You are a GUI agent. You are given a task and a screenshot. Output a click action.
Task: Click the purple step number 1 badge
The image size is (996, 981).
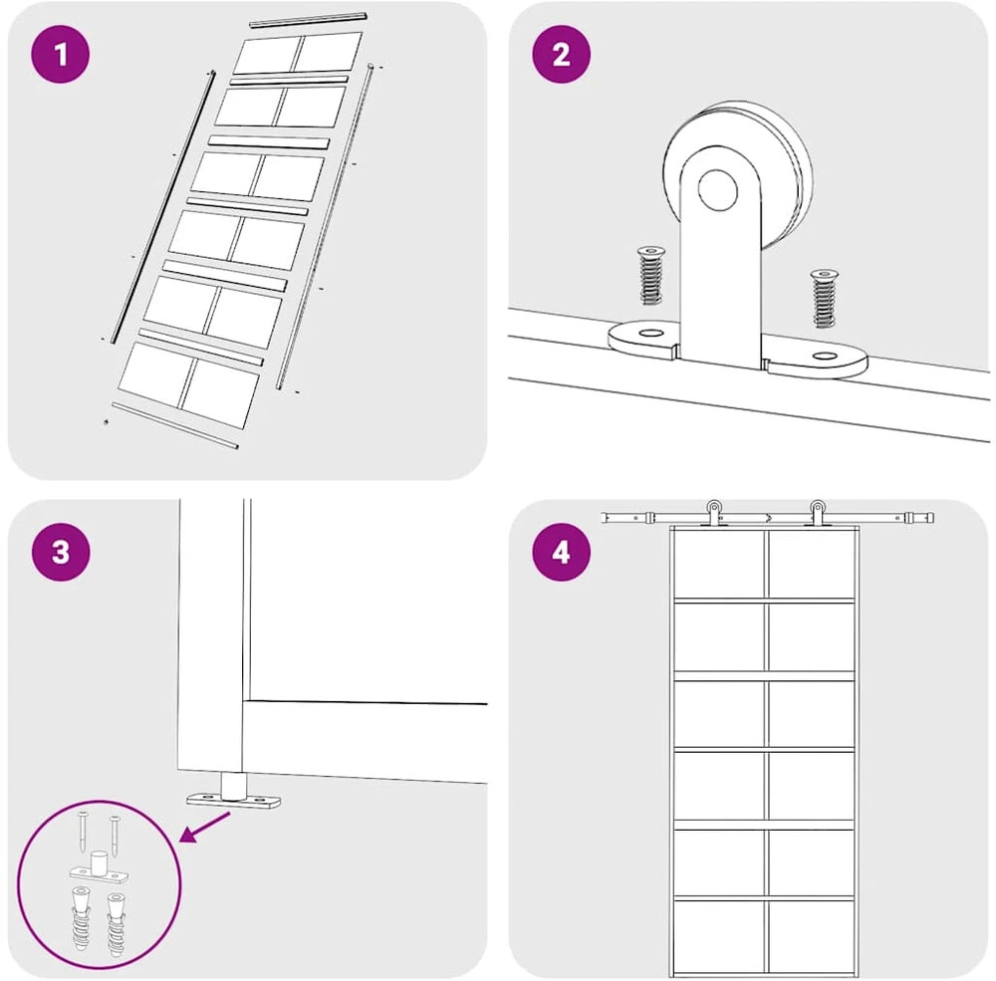(x=61, y=55)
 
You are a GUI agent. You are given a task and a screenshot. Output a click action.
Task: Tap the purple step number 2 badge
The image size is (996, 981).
(x=561, y=55)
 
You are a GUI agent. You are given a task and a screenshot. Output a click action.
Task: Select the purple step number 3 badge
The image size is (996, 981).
(x=61, y=552)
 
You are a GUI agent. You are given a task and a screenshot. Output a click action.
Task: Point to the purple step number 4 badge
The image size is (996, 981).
(x=561, y=552)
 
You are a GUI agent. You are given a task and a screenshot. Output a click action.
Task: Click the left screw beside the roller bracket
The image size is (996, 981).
(x=650, y=275)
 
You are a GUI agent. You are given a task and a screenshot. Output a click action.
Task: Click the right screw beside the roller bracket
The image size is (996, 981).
(x=824, y=298)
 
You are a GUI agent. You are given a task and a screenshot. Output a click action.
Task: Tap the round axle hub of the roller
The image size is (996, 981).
(x=718, y=190)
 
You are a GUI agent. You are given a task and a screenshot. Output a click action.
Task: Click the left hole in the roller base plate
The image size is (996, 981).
(x=649, y=333)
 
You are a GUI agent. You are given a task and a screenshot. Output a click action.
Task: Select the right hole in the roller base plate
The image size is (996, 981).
(x=825, y=356)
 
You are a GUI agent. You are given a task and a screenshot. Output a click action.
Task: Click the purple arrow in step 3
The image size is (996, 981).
(x=205, y=828)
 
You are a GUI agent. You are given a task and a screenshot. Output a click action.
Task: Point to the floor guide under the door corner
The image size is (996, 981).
(x=233, y=793)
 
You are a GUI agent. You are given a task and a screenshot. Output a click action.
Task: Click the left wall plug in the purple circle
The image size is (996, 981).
(x=81, y=918)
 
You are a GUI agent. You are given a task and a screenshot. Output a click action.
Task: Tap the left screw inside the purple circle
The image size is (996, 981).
(x=83, y=831)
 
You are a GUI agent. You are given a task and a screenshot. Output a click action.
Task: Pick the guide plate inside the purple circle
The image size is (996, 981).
(x=99, y=869)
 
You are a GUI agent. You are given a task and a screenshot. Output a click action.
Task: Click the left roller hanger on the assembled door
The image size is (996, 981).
(x=714, y=513)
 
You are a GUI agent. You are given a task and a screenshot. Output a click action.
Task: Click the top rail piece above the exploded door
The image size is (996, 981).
(x=309, y=19)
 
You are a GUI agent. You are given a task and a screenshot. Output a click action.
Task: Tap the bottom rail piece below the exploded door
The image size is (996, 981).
(x=174, y=425)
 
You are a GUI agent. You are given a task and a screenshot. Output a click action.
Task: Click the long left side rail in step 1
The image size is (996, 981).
(x=163, y=207)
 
